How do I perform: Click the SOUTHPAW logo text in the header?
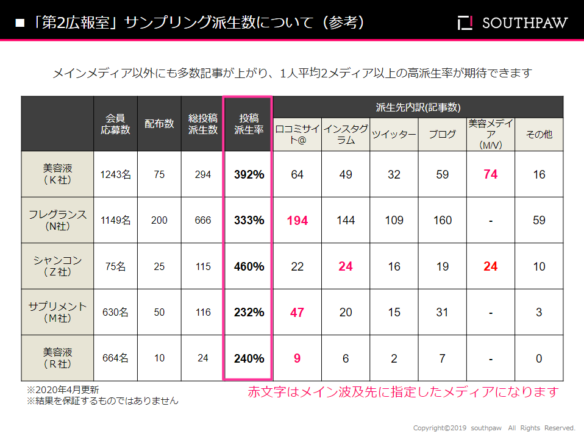(x=524, y=23)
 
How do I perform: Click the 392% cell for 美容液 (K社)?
(x=249, y=174)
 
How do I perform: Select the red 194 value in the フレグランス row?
(x=297, y=220)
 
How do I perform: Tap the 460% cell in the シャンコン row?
(x=249, y=266)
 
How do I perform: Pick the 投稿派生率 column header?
(x=249, y=124)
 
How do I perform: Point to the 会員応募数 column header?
(x=115, y=124)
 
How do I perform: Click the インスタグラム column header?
(x=346, y=135)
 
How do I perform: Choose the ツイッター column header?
(x=394, y=135)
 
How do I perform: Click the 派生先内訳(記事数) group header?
(x=418, y=107)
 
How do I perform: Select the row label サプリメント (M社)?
(x=58, y=311)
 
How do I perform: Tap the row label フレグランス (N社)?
(x=58, y=220)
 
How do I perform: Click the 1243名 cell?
(x=115, y=174)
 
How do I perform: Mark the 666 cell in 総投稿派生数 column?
(x=203, y=220)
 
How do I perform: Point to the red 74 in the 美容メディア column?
(x=490, y=174)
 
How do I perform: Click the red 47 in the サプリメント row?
(x=297, y=312)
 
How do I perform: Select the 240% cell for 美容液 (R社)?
(x=249, y=358)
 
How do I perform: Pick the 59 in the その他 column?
(x=539, y=220)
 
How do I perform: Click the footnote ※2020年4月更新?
(x=63, y=389)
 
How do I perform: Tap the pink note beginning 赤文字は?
(x=402, y=392)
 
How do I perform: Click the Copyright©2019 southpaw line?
(x=494, y=428)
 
